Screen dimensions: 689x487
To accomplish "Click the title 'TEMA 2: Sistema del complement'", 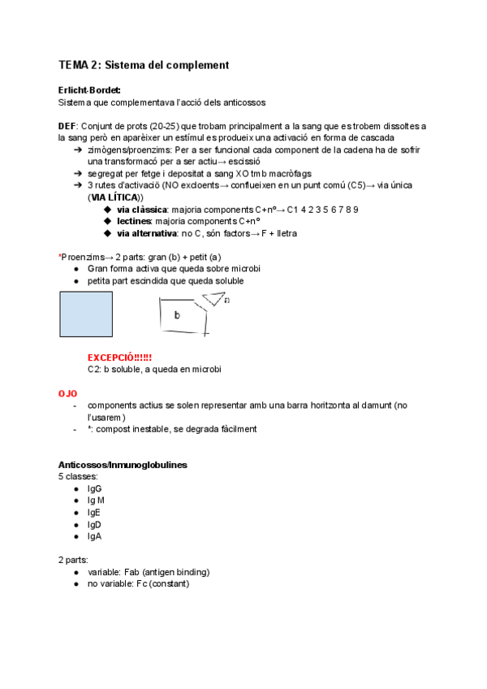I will click(144, 65).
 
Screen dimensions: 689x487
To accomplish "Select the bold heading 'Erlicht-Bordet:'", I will click(89, 90).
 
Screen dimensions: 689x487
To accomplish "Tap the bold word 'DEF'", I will click(67, 126).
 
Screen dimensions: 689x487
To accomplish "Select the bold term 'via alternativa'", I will click(147, 233).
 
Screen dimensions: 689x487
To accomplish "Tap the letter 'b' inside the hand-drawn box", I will click(177, 315).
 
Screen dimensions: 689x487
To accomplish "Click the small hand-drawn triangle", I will click(213, 298).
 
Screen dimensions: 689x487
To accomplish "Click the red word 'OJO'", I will click(67, 393).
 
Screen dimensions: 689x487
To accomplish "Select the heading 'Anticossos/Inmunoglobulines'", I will click(123, 465).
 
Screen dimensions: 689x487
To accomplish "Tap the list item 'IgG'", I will click(95, 489).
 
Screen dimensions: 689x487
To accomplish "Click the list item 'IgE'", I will click(94, 513).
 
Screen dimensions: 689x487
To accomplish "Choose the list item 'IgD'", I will click(95, 525).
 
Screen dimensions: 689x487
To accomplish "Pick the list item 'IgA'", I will click(94, 537).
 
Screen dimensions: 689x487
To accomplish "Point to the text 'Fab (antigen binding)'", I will click(169, 572).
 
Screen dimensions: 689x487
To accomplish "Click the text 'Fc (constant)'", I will click(162, 584).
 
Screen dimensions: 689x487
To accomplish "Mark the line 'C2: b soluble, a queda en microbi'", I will click(154, 369).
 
